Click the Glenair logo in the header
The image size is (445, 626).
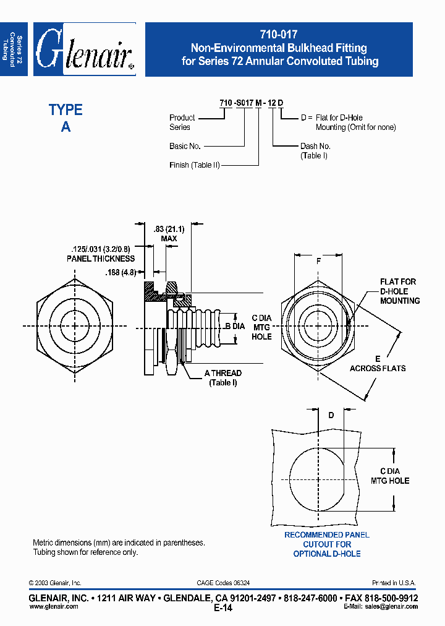[x=85, y=49]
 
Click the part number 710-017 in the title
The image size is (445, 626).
[x=279, y=35]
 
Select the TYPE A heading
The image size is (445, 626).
[x=66, y=118]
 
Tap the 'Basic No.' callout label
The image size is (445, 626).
[x=185, y=146]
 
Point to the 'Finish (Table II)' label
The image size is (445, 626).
[x=195, y=165]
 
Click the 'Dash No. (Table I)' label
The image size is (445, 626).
[x=315, y=151]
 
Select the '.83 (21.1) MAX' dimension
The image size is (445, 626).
[x=168, y=234]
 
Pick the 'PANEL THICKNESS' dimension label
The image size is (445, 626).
[x=101, y=259]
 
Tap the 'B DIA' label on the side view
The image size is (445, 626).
[x=235, y=326]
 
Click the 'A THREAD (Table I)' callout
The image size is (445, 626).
[x=223, y=378]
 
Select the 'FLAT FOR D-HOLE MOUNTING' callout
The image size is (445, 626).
[x=399, y=291]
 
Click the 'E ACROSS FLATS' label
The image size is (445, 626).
[x=378, y=364]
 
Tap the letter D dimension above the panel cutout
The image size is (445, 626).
[x=331, y=416]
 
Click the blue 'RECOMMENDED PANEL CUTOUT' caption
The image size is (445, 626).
[x=326, y=544]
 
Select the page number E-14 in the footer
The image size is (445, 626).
[x=222, y=608]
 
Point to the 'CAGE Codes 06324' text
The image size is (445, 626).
[x=223, y=583]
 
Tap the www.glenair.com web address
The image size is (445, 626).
[x=54, y=607]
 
